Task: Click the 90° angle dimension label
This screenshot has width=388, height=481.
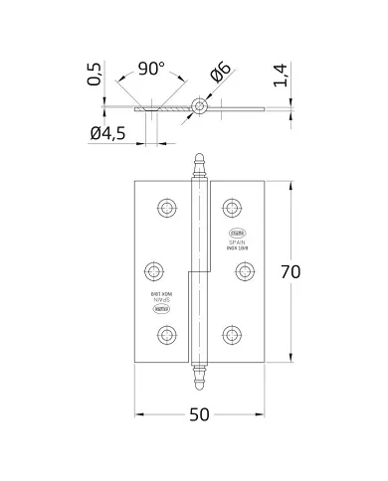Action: pyautogui.click(x=151, y=70)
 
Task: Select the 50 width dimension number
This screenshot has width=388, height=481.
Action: pyautogui.click(x=198, y=414)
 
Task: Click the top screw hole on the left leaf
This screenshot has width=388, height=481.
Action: pyautogui.click(x=163, y=208)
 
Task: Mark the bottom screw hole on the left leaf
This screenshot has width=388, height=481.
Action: pyautogui.click(x=163, y=332)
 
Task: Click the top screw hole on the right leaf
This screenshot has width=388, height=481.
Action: pyautogui.click(x=233, y=208)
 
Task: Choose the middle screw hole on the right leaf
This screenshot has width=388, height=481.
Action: pyautogui.click(x=243, y=269)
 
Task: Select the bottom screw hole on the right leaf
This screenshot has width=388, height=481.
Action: pyautogui.click(x=233, y=332)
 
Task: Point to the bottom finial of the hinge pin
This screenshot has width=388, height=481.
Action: pyautogui.click(x=198, y=376)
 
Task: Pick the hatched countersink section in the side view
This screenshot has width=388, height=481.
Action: pyautogui.click(x=175, y=106)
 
